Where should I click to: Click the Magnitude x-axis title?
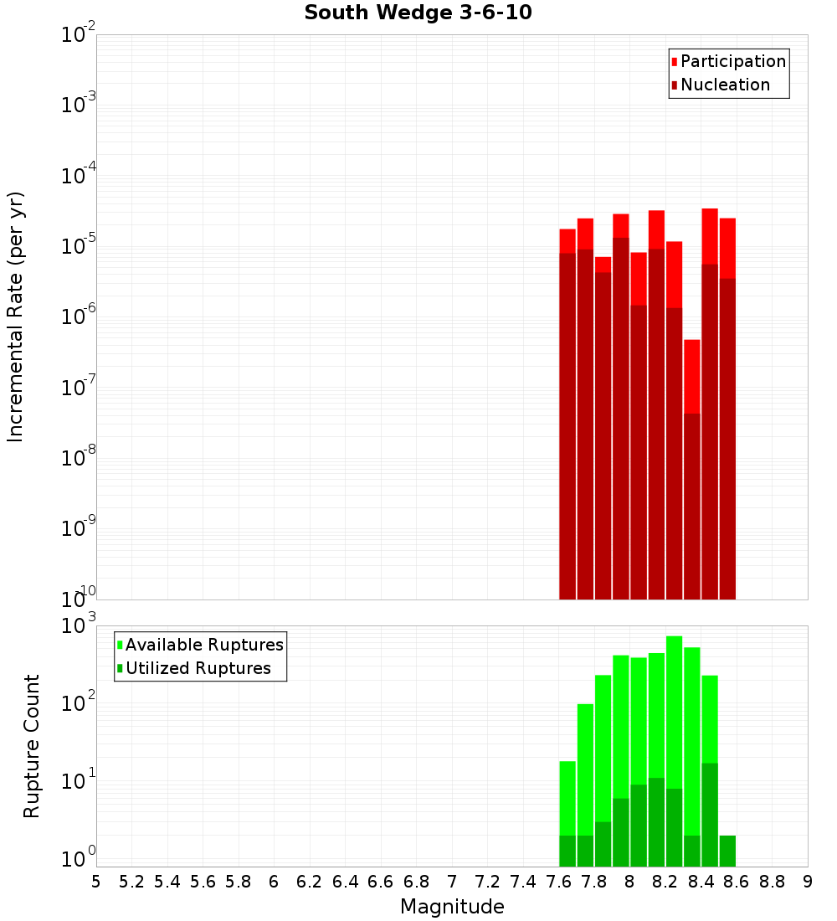[x=452, y=907]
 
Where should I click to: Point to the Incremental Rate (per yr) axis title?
[x=15, y=316]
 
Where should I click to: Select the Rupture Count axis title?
[x=32, y=746]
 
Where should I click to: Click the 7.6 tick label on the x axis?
[x=559, y=882]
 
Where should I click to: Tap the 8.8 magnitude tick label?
[x=772, y=882]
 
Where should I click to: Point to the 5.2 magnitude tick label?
[x=132, y=882]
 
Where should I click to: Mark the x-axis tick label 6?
[x=274, y=882]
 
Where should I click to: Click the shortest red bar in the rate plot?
[x=691, y=377]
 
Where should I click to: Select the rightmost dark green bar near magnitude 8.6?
[x=727, y=850]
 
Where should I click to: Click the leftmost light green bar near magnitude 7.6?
[x=567, y=795]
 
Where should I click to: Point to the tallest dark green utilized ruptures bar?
[x=710, y=812]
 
